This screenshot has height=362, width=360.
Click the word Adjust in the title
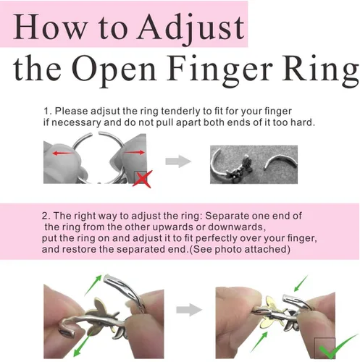(191, 28)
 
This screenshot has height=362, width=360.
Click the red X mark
(143, 179)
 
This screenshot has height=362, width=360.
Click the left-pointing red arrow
(63, 153)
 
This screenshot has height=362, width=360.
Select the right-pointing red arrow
(134, 152)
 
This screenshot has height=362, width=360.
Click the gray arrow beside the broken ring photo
(178, 161)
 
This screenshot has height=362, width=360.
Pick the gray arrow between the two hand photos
(189, 310)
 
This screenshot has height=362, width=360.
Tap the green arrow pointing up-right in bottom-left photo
(93, 285)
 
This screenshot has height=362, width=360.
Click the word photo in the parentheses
(228, 250)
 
